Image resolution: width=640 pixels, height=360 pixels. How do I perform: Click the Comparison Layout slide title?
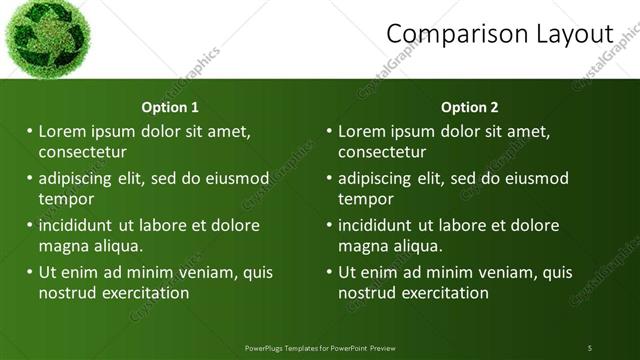point(499,34)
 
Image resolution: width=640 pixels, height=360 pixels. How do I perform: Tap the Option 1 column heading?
point(170,107)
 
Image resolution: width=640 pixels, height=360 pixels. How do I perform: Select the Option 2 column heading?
point(469,107)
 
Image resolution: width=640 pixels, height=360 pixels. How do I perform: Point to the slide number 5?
point(589,348)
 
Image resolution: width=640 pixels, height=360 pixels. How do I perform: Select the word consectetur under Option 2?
point(382,152)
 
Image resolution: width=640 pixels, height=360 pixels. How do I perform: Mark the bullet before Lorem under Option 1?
point(30,131)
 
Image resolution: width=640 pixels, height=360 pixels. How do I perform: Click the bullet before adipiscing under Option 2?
point(330,178)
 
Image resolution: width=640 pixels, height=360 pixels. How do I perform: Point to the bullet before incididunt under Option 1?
point(30,225)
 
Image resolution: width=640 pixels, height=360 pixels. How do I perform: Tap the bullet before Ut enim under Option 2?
point(330,272)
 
